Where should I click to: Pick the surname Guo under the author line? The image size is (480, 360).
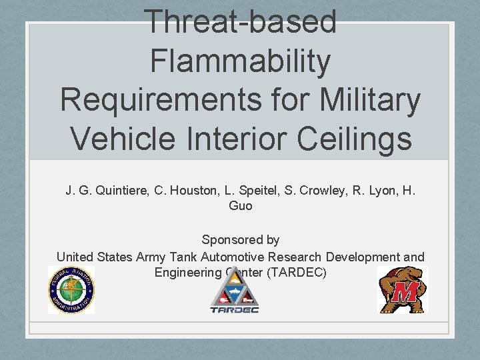click(x=240, y=207)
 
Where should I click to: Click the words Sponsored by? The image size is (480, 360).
click(x=240, y=240)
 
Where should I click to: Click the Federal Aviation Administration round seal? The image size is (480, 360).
click(x=71, y=289)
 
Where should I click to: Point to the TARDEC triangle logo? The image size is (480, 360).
click(x=234, y=293)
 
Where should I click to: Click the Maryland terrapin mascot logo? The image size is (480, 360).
click(x=402, y=289)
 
